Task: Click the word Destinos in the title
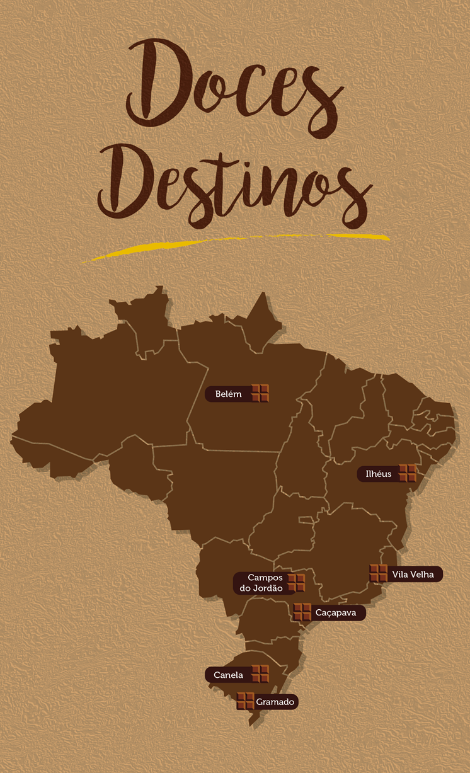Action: click(x=234, y=183)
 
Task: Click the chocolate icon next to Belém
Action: click(x=260, y=393)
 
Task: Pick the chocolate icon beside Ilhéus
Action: click(x=408, y=473)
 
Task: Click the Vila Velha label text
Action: click(x=413, y=574)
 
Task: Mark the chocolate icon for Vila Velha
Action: click(x=379, y=573)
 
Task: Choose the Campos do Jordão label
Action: click(x=260, y=583)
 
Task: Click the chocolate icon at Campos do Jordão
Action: click(x=296, y=583)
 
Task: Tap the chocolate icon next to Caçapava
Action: click(x=302, y=612)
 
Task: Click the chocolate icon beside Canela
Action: click(x=260, y=674)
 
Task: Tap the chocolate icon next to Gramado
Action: click(x=245, y=701)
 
